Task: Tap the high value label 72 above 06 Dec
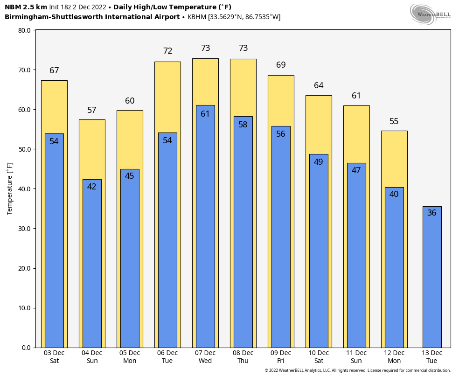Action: (x=167, y=51)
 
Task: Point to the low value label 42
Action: (x=92, y=187)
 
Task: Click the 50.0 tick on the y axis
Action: (x=24, y=149)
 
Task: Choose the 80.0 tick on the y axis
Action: (x=24, y=30)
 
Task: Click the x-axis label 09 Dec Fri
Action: (x=281, y=357)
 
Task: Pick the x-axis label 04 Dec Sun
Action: (x=92, y=357)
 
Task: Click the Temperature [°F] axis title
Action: (x=10, y=189)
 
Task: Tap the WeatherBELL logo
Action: (x=430, y=14)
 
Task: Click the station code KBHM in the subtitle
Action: (x=197, y=17)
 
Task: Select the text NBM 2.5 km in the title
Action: (x=26, y=7)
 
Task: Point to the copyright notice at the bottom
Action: (x=358, y=370)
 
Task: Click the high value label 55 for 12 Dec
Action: (x=394, y=121)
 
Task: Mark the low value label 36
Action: (x=432, y=213)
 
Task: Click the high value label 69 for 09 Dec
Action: (x=281, y=65)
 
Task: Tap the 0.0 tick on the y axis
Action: (x=26, y=348)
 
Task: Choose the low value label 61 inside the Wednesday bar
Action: (x=205, y=114)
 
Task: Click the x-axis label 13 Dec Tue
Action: (x=432, y=357)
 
